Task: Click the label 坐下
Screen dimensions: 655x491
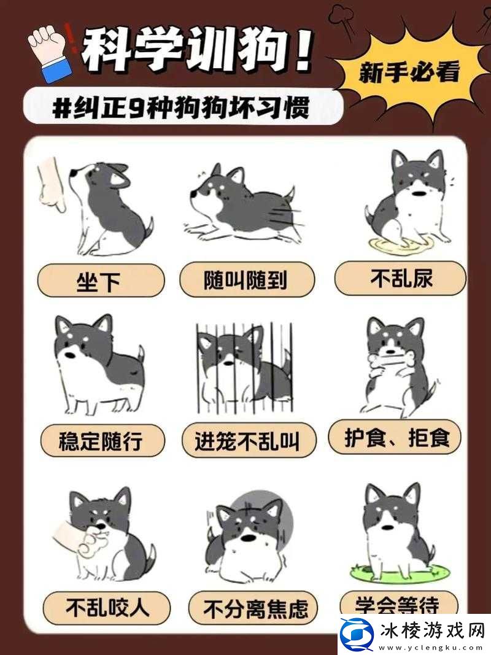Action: pos(101,282)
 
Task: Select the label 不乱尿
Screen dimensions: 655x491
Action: pos(400,279)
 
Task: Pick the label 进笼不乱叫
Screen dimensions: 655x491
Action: pos(249,441)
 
